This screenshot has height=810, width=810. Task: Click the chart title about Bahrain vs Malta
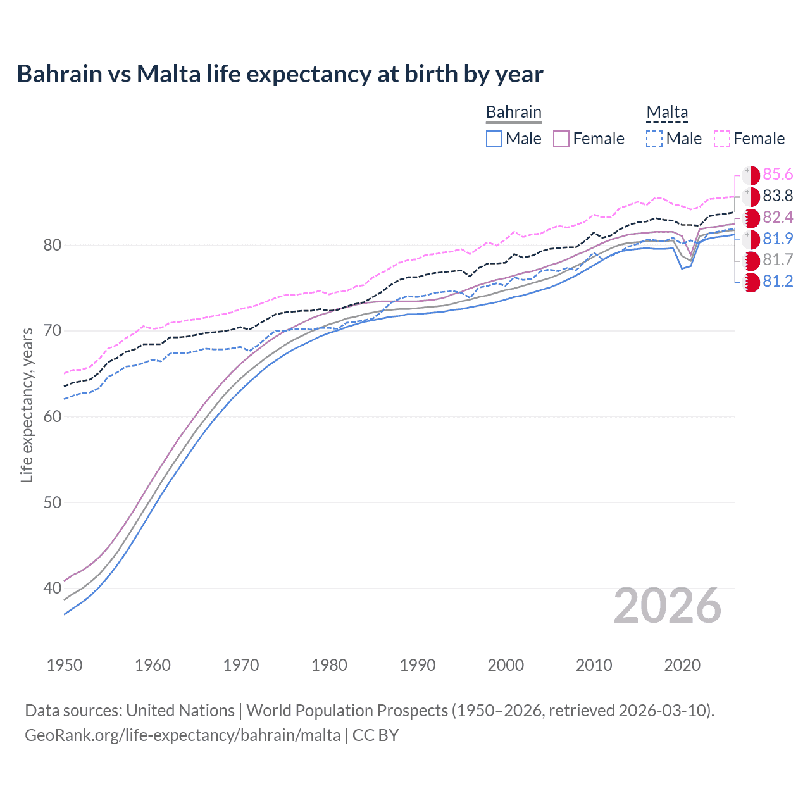coord(280,74)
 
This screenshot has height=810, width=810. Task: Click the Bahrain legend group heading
coord(513,112)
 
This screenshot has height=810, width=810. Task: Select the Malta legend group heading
coord(666,112)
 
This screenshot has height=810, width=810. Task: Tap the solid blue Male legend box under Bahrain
coord(494,139)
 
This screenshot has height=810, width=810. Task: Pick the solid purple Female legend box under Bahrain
coord(561,139)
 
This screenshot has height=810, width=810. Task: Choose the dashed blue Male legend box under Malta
coord(654,139)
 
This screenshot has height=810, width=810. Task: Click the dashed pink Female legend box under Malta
coord(722,139)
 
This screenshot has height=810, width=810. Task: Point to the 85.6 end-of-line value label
coord(778,175)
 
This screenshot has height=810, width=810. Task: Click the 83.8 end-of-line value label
coord(778,196)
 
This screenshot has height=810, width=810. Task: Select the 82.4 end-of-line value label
coord(778,218)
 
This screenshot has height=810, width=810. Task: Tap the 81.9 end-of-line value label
coord(778,239)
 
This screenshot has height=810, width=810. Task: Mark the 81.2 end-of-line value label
coord(778,282)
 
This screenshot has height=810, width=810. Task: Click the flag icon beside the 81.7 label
coord(751,260)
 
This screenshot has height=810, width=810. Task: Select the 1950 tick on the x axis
coord(65,665)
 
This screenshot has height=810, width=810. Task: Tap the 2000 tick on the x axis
coord(506,665)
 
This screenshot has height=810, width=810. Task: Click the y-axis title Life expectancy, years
coord(27,405)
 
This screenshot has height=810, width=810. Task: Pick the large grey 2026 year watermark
coord(667,606)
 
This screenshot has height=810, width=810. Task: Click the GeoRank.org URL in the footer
coord(182,735)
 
